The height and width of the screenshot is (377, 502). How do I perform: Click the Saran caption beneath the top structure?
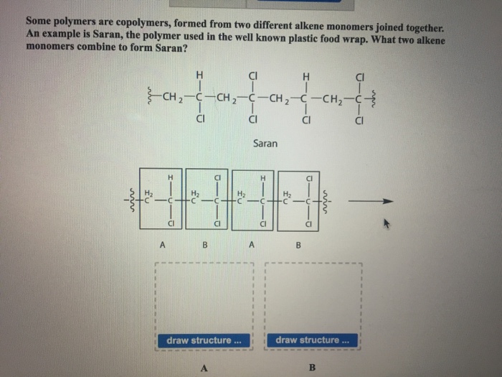coord(266,144)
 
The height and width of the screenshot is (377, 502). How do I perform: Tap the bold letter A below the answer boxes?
coord(203,367)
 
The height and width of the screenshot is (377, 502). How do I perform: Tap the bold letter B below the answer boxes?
coord(311,367)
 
